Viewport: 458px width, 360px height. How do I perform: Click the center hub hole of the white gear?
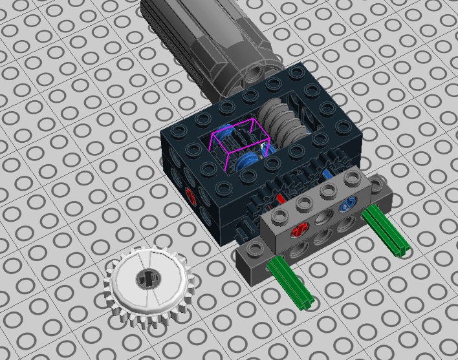tap(144, 279)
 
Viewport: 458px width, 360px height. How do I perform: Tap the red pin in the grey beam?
tap(299, 229)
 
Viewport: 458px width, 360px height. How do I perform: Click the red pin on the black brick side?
tap(190, 193)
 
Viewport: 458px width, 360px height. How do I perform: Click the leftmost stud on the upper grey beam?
tap(279, 213)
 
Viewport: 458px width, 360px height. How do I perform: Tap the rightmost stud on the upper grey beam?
tap(353, 178)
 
